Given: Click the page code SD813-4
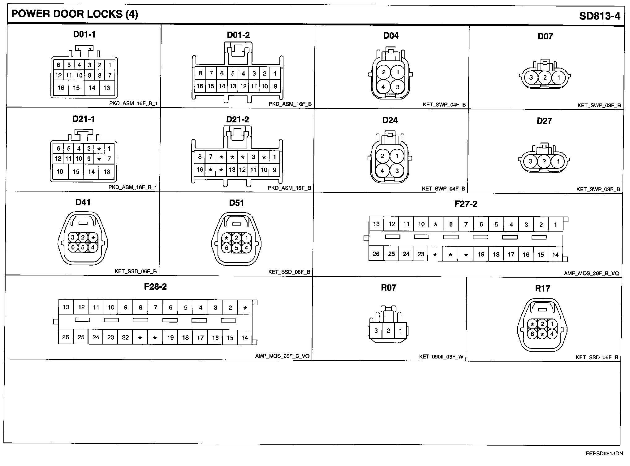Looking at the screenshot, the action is click(599, 16).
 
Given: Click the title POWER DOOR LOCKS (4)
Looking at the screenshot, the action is click(75, 14).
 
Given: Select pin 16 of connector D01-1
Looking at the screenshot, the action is click(61, 88).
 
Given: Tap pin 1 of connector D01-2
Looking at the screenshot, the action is click(275, 73).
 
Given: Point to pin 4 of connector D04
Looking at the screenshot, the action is click(383, 87).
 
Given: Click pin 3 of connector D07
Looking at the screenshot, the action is click(531, 77).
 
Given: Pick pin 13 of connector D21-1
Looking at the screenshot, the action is click(107, 172).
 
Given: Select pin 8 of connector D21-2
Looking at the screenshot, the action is click(200, 157).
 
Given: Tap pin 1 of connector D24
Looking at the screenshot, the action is click(397, 156).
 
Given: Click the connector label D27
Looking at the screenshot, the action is click(544, 121).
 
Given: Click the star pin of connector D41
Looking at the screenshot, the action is click(93, 238).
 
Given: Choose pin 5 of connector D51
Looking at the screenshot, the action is click(236, 248).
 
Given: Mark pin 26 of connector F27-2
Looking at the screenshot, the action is click(376, 254).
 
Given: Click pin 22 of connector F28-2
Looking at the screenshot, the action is click(125, 337).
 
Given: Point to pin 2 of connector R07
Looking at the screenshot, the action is click(388, 331).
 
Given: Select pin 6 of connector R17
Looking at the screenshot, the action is click(532, 334).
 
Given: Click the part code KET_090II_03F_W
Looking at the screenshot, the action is click(441, 357).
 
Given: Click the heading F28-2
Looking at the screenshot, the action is click(155, 287).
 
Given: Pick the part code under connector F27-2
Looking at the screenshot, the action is click(591, 273).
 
